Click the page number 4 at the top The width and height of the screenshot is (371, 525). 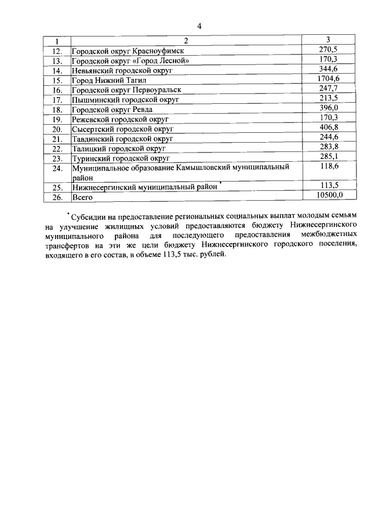tap(199, 26)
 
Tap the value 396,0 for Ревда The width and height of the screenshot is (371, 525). tap(328, 108)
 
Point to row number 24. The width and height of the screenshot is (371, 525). tap(57, 169)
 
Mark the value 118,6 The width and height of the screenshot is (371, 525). tap(328, 166)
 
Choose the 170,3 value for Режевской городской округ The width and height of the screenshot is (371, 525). tap(328, 118)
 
